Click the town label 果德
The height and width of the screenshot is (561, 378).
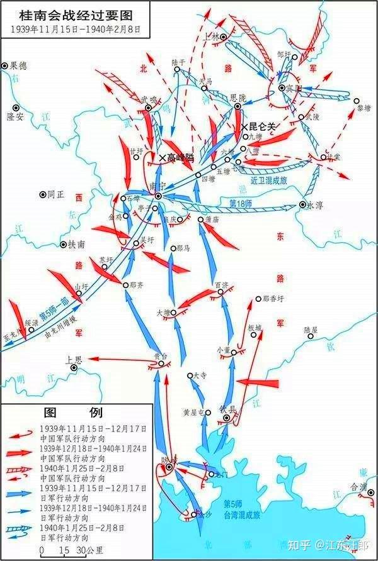coord(19,66)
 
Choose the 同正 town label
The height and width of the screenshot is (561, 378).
coord(56,196)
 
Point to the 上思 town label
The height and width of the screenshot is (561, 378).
coord(74,360)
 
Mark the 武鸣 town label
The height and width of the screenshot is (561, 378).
coord(149,99)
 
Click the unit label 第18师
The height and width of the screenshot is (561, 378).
coord(240,204)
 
